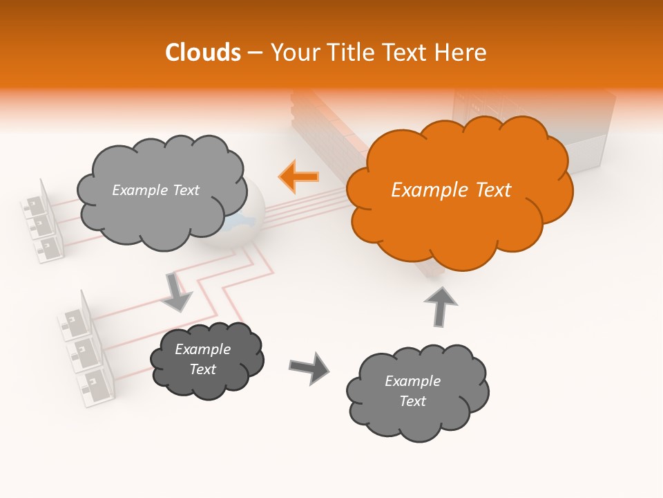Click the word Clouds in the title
coord(202,52)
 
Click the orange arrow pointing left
coord(299,176)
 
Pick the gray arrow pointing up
coord(441,306)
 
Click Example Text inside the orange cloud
coord(451,190)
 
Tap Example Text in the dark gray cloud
coord(203,359)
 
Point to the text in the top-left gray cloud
coord(155,190)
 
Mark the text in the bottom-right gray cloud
coord(412,391)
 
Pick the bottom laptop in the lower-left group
coord(95,382)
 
